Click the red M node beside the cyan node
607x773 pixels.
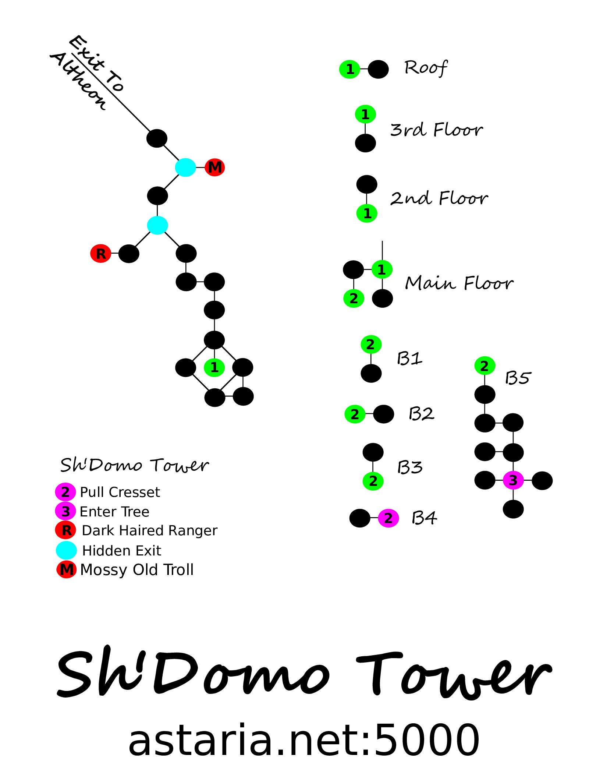pyautogui.click(x=215, y=167)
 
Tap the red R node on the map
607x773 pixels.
pyautogui.click(x=100, y=254)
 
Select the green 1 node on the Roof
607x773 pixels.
pyautogui.click(x=349, y=69)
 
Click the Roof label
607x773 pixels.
pyautogui.click(x=426, y=68)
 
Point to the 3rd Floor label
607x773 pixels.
pyautogui.click(x=436, y=130)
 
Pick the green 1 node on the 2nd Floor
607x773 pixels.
pyautogui.click(x=367, y=213)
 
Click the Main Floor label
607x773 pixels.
pyautogui.click(x=459, y=283)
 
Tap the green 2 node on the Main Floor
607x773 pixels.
pyautogui.click(x=354, y=298)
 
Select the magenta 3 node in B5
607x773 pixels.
pyautogui.click(x=513, y=480)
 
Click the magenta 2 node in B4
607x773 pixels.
pyautogui.click(x=388, y=518)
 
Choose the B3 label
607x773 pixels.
pyautogui.click(x=410, y=467)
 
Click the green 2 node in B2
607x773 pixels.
pyautogui.click(x=355, y=414)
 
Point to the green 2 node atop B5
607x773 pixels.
pyautogui.click(x=485, y=366)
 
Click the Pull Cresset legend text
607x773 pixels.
pyautogui.click(x=120, y=492)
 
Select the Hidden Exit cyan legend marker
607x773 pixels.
pyautogui.click(x=66, y=550)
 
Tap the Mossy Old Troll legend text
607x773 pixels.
pyautogui.click(x=137, y=570)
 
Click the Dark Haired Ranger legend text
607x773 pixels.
pyautogui.click(x=149, y=531)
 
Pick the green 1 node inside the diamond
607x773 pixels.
pyautogui.click(x=214, y=367)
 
